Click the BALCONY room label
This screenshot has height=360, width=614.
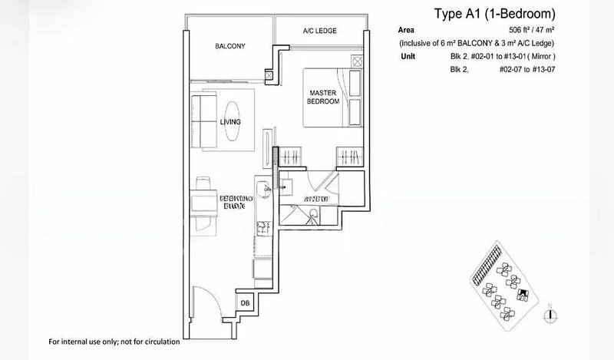click(x=229, y=46)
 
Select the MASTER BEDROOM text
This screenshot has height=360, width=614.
click(x=323, y=96)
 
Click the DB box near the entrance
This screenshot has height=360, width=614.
click(x=245, y=303)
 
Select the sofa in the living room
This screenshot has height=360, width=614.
click(x=203, y=121)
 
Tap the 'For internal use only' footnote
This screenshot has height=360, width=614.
click(x=114, y=341)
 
